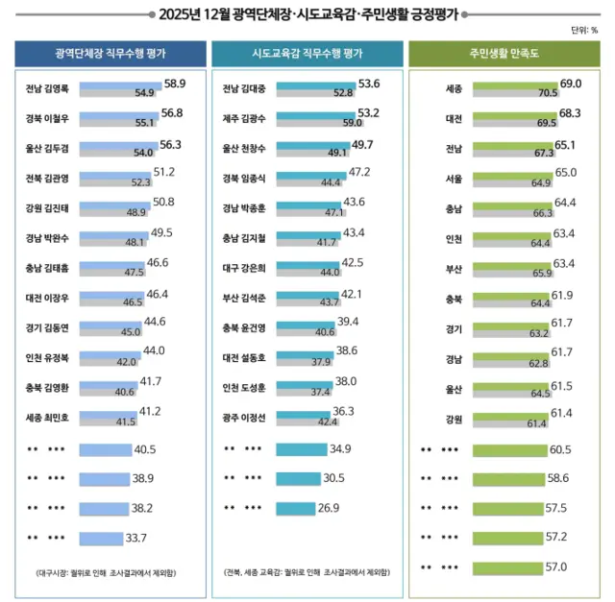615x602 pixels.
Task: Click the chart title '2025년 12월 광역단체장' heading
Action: tap(307, 13)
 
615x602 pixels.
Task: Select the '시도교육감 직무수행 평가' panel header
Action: tap(307, 54)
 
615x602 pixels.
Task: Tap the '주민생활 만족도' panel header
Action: tap(504, 54)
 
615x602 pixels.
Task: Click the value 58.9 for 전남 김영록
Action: tap(174, 84)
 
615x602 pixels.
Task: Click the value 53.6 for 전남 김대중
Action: tap(369, 84)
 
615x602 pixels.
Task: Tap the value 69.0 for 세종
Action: tap(571, 84)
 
